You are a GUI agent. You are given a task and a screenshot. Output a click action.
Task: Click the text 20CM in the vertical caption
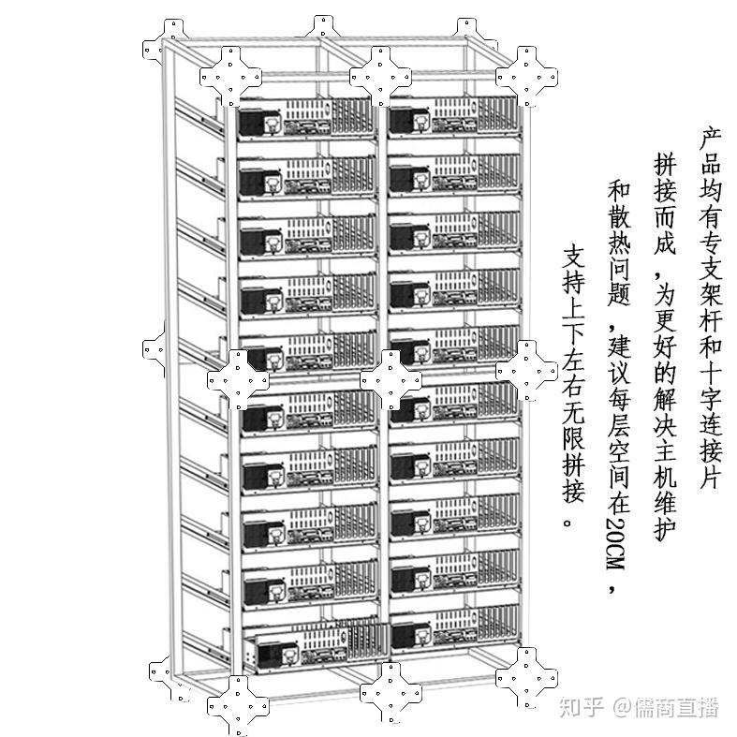click(x=616, y=544)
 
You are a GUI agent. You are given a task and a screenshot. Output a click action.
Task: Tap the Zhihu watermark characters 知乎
click(x=582, y=707)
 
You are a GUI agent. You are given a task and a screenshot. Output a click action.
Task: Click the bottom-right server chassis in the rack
click(x=456, y=632)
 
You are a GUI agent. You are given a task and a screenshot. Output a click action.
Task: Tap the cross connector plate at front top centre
click(x=381, y=76)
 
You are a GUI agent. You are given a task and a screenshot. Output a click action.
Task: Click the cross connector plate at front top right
click(x=526, y=76)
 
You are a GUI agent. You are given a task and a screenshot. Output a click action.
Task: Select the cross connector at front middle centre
click(x=391, y=380)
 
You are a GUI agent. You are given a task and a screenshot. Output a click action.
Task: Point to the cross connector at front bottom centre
click(x=391, y=692)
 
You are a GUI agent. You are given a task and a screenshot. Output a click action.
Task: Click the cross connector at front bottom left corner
click(x=238, y=706)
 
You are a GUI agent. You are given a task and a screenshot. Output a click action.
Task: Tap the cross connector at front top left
click(x=230, y=76)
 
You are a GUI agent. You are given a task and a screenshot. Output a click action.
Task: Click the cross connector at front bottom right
click(x=526, y=678)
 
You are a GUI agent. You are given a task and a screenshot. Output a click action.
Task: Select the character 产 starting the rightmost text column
click(x=710, y=137)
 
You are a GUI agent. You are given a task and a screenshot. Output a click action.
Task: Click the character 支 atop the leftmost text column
click(x=573, y=256)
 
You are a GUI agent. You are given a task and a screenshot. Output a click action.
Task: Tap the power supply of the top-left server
click(x=252, y=121)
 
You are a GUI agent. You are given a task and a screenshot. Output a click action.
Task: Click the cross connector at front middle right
click(x=526, y=372)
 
